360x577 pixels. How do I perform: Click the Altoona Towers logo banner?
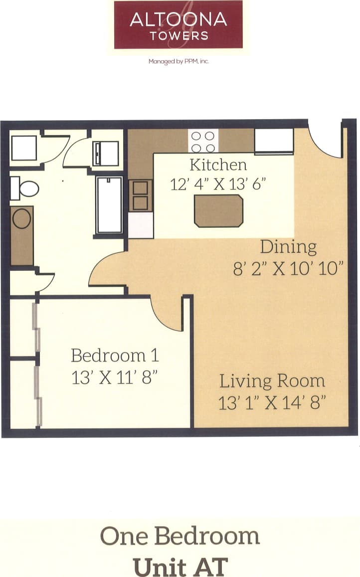(178, 24)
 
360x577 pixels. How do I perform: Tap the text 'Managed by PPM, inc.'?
(178, 62)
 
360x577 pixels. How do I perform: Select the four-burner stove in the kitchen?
(203, 141)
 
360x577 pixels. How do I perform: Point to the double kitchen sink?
(140, 195)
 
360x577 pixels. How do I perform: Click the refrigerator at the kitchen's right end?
(274, 141)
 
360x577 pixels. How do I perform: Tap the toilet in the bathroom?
(25, 189)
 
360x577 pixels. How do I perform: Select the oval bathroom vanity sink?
(21, 219)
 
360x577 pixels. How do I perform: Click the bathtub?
(109, 205)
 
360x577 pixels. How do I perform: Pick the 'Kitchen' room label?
(218, 165)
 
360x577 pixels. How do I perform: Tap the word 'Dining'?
(288, 247)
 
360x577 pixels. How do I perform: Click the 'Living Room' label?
(272, 381)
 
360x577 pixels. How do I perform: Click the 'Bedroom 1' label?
(115, 356)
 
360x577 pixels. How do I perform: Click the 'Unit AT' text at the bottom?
(180, 567)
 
